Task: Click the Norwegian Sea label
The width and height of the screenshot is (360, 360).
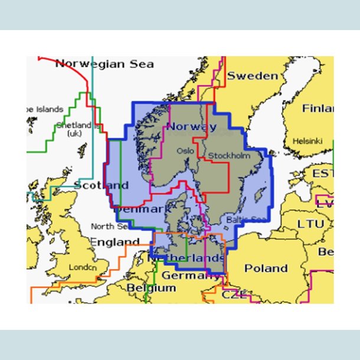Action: tap(104, 64)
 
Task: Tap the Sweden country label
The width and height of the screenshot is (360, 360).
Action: tap(252, 76)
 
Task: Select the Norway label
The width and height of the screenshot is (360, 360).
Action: tap(191, 127)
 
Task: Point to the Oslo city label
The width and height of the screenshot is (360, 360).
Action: tap(185, 151)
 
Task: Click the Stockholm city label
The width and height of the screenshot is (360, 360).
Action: tap(229, 156)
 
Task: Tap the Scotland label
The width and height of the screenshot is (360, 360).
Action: tap(102, 185)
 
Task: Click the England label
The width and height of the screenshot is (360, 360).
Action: tap(114, 242)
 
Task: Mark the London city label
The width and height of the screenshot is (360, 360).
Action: tap(83, 267)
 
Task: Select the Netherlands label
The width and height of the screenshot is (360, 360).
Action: tap(186, 258)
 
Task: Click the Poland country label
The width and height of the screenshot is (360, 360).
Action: tap(266, 269)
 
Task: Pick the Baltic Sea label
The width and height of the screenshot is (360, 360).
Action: tap(246, 220)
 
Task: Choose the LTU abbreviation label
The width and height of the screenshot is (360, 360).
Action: tap(310, 224)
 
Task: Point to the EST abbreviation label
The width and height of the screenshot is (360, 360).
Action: tap(323, 174)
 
